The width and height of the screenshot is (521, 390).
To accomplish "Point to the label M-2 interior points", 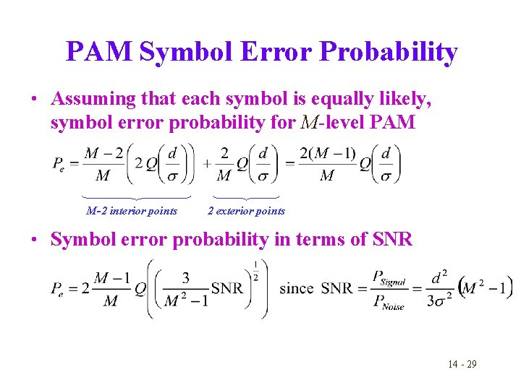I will tap(132, 211).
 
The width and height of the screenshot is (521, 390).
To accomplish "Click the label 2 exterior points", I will tap(246, 211).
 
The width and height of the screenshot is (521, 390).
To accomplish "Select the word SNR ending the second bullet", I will tap(391, 239).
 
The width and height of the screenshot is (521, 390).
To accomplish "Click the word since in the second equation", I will tap(296, 288).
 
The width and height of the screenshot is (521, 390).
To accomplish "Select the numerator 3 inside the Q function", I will tap(186, 277).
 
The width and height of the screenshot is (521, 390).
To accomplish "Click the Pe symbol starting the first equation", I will tap(60, 165).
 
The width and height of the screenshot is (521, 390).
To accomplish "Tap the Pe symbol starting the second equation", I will tap(60, 289).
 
